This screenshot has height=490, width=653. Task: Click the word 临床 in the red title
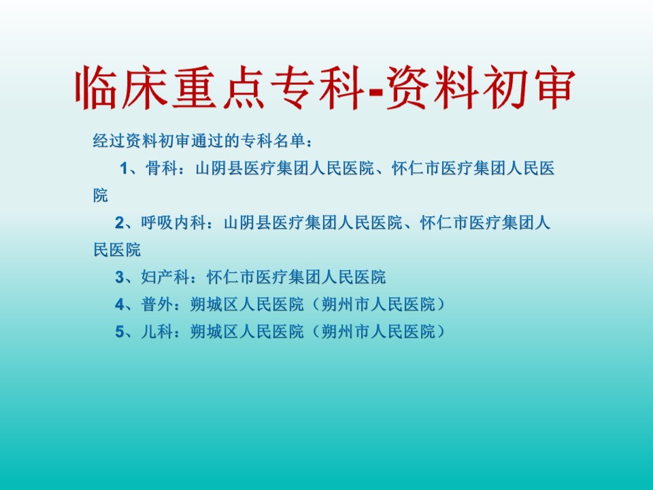[x=121, y=88]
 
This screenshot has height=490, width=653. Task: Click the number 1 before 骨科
[x=124, y=169]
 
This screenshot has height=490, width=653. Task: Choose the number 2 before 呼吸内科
[x=120, y=223]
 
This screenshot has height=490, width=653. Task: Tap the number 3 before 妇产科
[x=120, y=277]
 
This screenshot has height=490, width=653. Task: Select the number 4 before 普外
[x=120, y=305]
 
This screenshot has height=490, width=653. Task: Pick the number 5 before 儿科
[x=120, y=332]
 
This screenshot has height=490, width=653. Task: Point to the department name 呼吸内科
[x=173, y=223]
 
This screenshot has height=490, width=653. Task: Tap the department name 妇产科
[x=165, y=277]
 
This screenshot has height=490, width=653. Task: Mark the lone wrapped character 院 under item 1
[x=101, y=195]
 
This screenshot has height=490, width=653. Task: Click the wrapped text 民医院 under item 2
[x=117, y=250]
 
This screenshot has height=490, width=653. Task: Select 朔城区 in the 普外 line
[x=214, y=305]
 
